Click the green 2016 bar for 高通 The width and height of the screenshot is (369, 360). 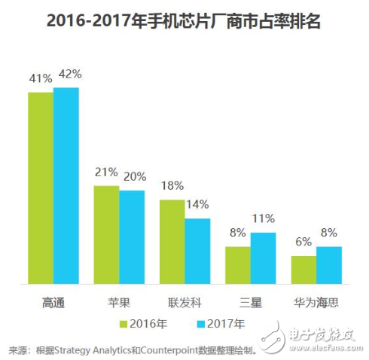[41, 188]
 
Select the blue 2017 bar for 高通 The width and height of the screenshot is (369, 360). [66, 186]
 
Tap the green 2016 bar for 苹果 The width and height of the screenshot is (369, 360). [106, 235]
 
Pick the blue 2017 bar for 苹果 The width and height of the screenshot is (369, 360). [132, 237]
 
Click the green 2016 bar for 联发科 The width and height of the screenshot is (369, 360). [172, 242]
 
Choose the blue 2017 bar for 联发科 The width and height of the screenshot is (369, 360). [197, 252]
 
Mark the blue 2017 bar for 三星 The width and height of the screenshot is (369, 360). [263, 258]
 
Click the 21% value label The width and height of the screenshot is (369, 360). [105, 172]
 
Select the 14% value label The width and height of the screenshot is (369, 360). [199, 205]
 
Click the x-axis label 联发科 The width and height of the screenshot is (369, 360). [184, 302]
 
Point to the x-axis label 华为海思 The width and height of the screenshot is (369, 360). [316, 302]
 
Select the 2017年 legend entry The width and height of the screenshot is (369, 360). [221, 325]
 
